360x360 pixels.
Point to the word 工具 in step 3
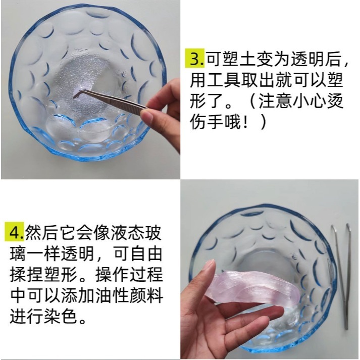click(222, 81)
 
